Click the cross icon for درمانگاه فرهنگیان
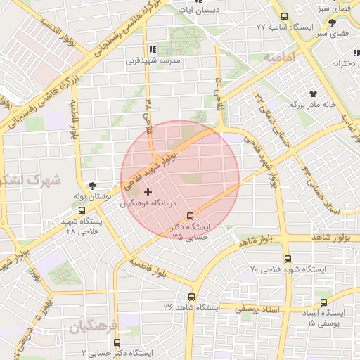[148, 192]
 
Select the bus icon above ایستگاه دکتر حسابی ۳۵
[189, 217]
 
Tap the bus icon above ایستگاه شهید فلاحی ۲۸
[82, 209]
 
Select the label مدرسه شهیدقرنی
[153, 60]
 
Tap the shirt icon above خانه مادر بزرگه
[312, 92]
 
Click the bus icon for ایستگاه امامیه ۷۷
[284, 16]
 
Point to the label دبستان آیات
[217, 10]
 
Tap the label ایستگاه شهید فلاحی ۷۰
[288, 269]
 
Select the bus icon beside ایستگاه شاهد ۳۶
[191, 297]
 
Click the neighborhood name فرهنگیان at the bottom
[95, 326]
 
